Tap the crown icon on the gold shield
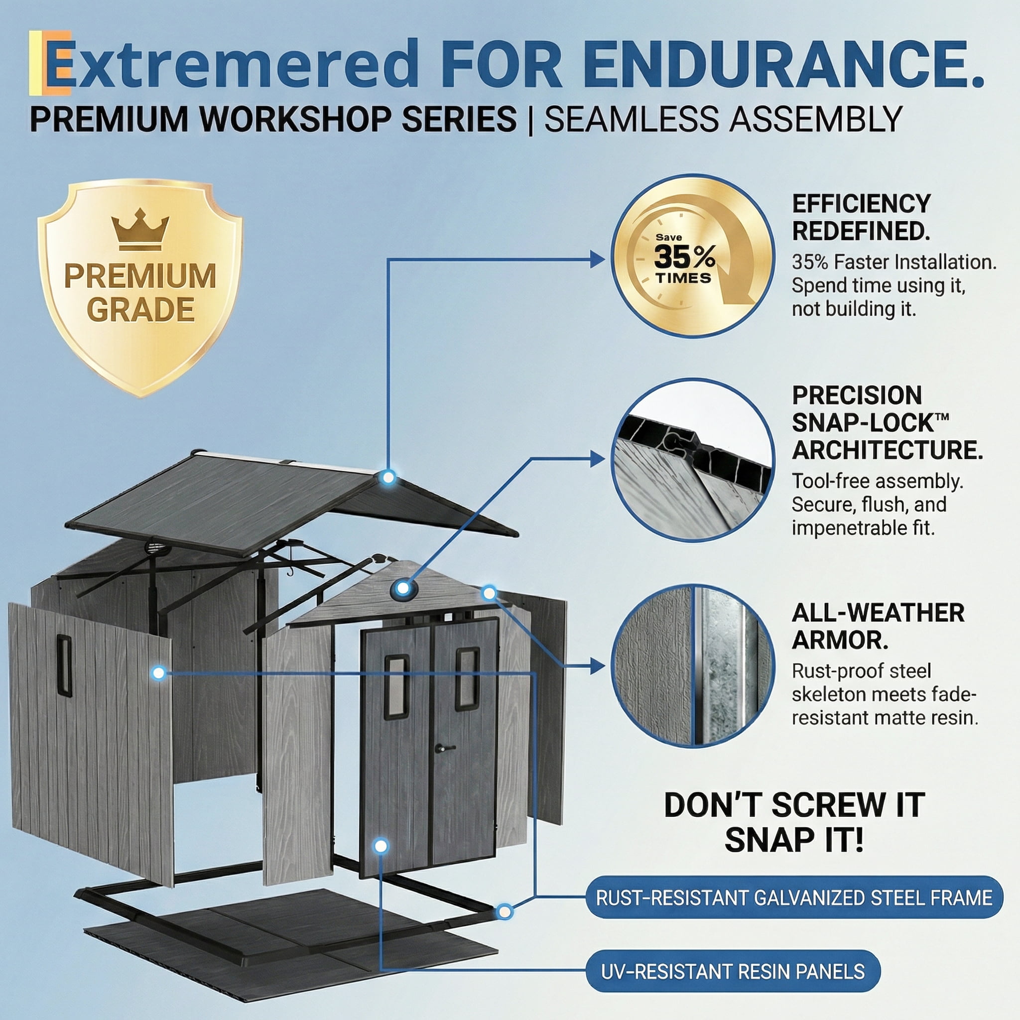click(140, 229)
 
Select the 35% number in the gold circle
click(684, 257)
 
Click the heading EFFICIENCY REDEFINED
click(862, 217)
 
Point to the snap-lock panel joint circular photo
click(693, 460)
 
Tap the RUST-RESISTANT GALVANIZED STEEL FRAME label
click(794, 898)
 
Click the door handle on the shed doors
click(445, 748)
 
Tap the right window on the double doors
click(467, 678)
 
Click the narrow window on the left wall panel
click(64, 666)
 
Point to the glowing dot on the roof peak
click(388, 478)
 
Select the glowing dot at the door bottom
click(381, 846)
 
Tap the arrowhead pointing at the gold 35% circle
click(597, 259)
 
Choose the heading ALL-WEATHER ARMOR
click(878, 627)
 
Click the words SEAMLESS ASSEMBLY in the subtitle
click(723, 120)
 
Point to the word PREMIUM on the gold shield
click(140, 275)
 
